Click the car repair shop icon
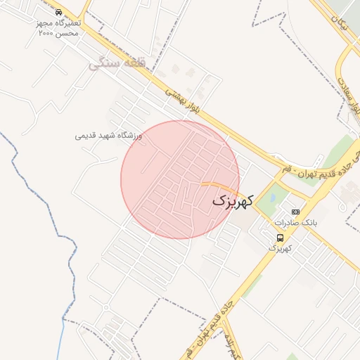(x=58, y=13)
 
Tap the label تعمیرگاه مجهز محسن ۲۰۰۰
(x=59, y=27)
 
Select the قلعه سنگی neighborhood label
(x=117, y=64)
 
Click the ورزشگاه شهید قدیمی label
(x=109, y=134)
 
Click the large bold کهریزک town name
(x=231, y=201)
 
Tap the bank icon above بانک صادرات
(x=295, y=212)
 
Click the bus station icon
(x=281, y=238)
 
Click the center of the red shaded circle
(x=180, y=179)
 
